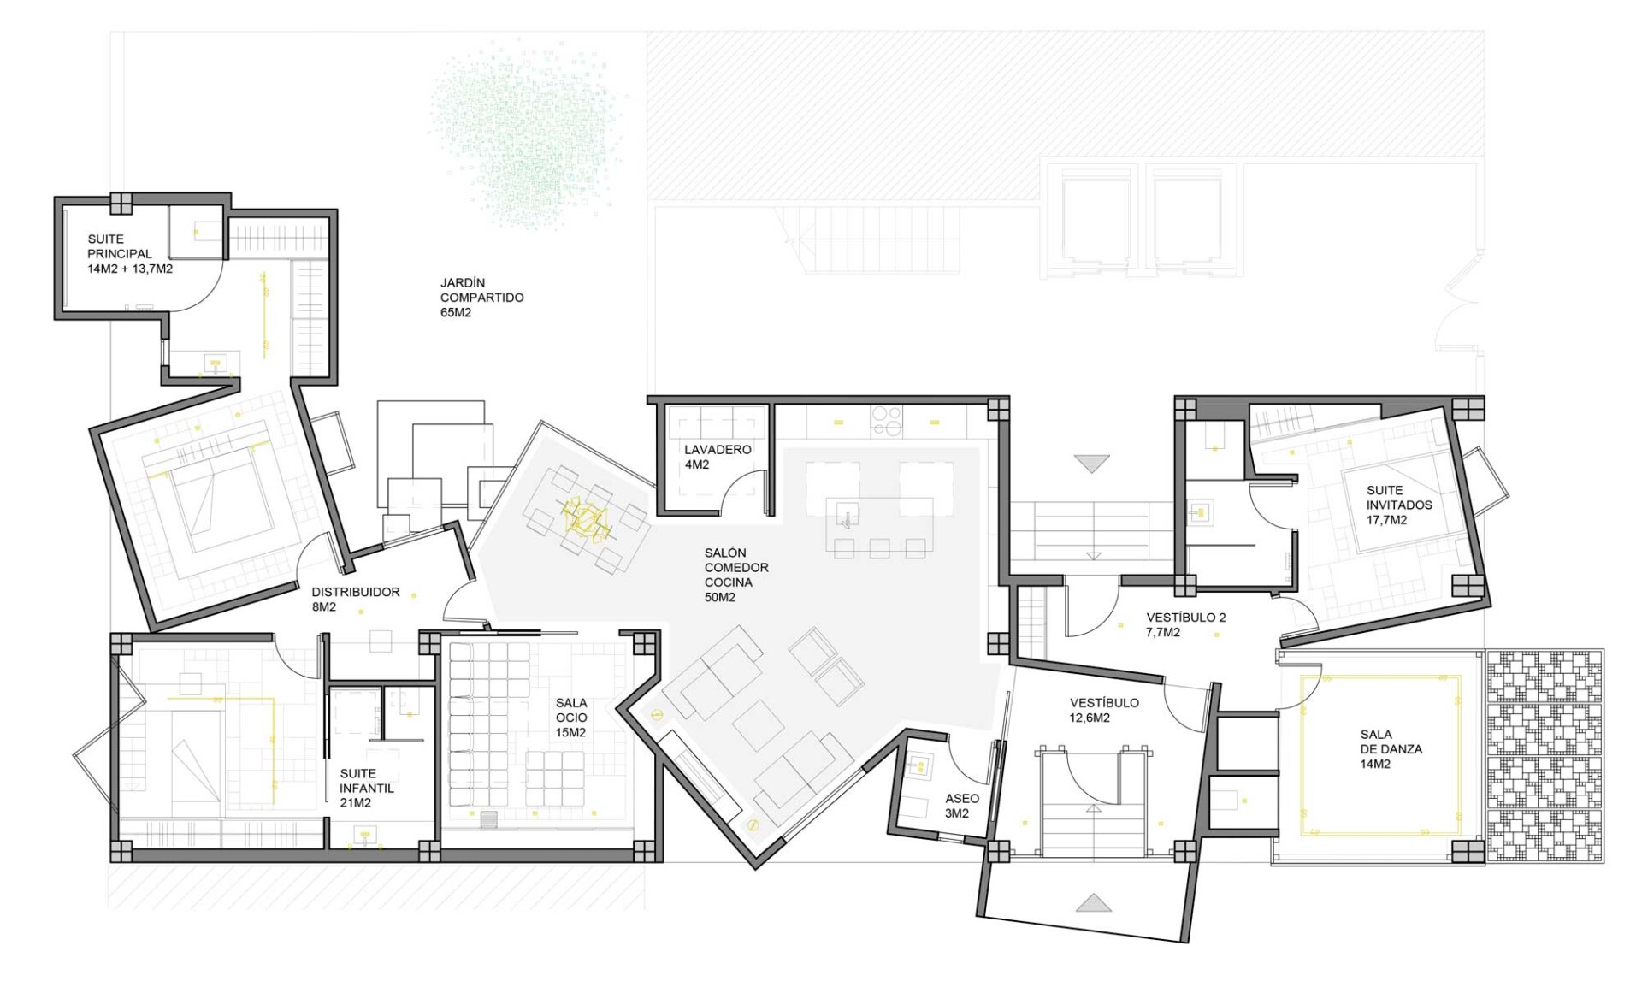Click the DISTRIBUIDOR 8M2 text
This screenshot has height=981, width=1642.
coord(355,599)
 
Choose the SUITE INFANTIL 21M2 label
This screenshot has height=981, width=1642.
coord(367,788)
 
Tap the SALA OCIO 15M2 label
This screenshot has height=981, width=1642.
coord(571,718)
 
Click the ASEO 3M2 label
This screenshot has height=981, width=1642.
coord(962,806)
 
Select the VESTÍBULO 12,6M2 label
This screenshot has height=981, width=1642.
coord(1104,710)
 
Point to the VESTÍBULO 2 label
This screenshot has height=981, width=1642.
coord(1186,618)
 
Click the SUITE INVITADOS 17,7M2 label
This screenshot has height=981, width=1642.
coord(1399,505)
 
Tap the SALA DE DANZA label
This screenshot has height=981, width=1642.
coord(1391,742)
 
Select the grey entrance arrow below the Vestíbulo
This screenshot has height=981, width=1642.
coord(1093,902)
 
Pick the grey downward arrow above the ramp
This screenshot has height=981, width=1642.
coord(1092,464)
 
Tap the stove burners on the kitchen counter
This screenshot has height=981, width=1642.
coord(886,422)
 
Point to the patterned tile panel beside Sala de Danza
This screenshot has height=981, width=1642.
coord(1545,756)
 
